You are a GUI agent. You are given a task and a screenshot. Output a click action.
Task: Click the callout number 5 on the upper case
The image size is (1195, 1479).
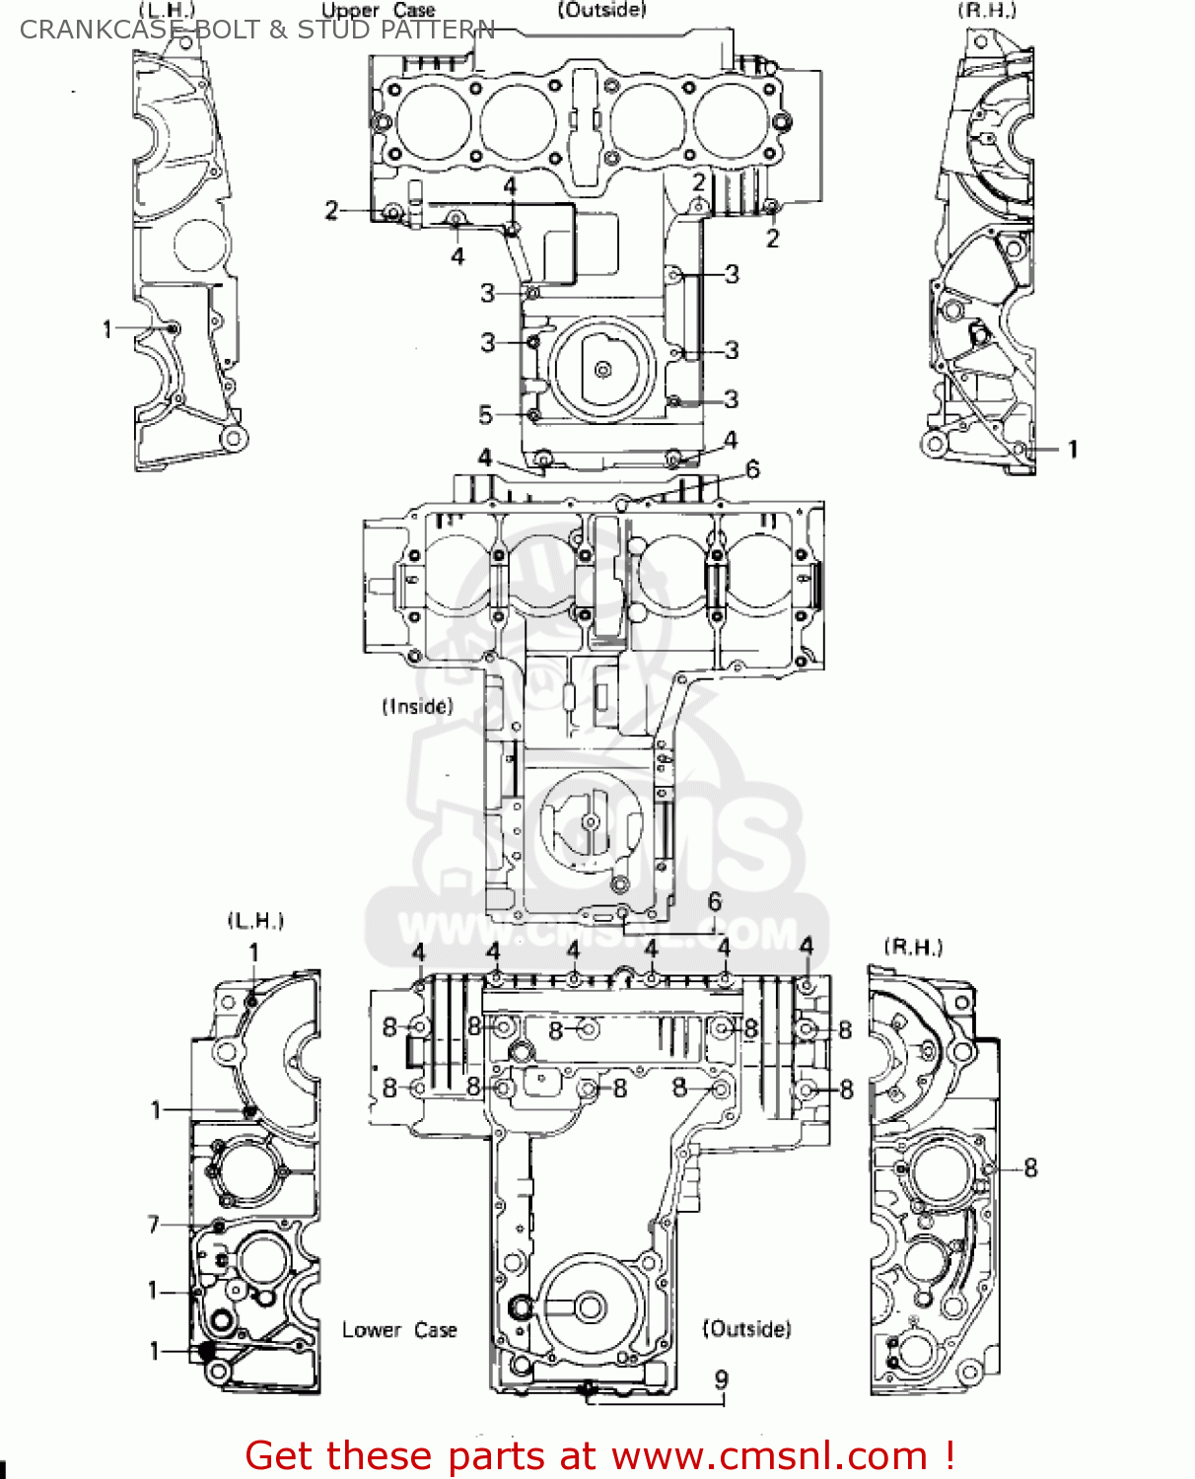(485, 415)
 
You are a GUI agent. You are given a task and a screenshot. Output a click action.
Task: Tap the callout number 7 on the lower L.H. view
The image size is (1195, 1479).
(154, 1225)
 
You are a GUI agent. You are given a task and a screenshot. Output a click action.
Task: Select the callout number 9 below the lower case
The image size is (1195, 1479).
(722, 1379)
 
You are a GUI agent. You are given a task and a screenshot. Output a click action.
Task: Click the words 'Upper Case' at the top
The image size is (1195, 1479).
(379, 11)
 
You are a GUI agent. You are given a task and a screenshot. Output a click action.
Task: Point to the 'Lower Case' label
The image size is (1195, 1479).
(399, 1330)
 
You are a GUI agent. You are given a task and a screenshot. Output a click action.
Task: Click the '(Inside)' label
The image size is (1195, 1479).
(417, 706)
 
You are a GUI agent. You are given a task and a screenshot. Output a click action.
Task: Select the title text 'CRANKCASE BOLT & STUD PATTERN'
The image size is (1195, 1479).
(256, 30)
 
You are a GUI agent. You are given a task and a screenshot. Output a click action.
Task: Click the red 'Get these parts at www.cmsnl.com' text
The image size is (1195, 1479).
(599, 1455)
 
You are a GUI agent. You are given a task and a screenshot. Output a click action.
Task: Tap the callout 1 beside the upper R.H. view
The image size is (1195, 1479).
(1073, 450)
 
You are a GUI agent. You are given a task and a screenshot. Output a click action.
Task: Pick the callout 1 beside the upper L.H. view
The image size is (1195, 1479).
(107, 329)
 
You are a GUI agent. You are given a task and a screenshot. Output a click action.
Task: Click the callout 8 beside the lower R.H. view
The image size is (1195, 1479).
(1030, 1168)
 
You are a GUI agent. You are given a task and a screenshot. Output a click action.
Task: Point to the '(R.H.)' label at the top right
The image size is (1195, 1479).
(987, 11)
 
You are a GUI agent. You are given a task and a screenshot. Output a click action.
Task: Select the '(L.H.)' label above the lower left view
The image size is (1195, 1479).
(255, 921)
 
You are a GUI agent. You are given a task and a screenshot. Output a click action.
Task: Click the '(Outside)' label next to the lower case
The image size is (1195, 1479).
(746, 1329)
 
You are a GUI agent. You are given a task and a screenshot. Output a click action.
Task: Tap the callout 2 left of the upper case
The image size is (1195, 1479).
(332, 210)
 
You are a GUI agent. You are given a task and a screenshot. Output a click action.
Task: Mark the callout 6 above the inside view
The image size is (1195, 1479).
(752, 469)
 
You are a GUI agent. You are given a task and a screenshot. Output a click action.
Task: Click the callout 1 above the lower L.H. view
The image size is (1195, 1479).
(253, 952)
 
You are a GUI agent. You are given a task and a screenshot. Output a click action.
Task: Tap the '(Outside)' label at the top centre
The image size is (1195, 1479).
(601, 10)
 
